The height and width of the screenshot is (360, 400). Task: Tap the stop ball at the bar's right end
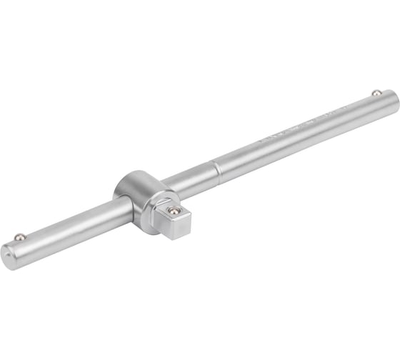[374, 93]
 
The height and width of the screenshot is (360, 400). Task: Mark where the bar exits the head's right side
[166, 187]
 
